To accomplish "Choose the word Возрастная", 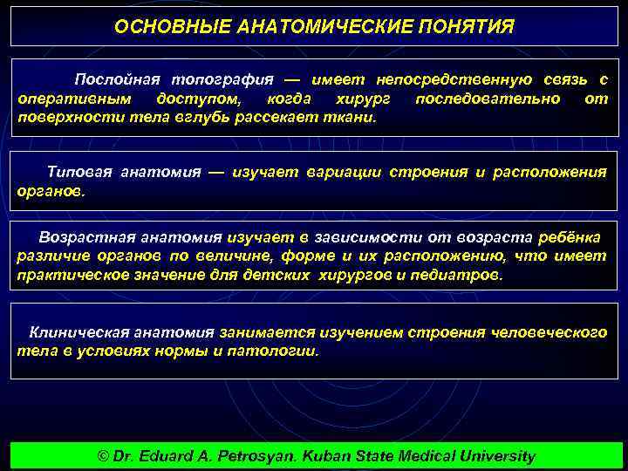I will (85, 237).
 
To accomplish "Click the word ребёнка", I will (570, 237).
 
